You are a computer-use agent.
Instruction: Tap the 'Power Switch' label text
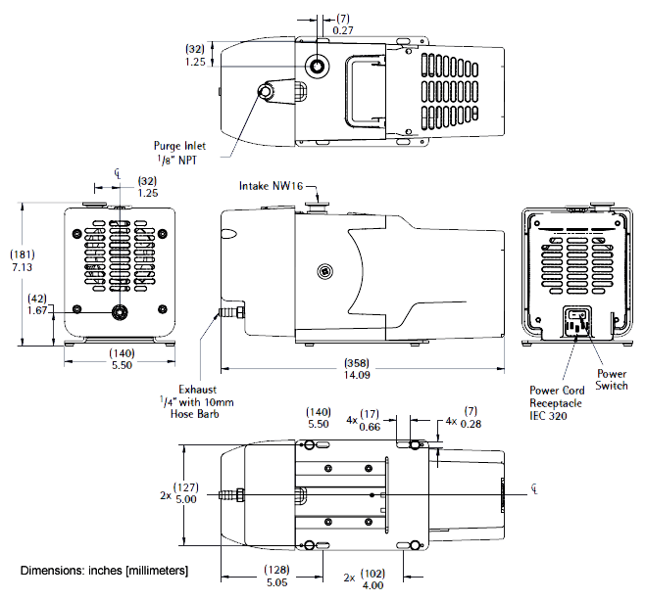[x=611, y=379]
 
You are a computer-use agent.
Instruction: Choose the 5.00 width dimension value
[x=186, y=498]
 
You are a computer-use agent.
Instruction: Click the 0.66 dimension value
[x=369, y=427]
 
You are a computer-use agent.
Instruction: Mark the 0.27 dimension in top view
[x=343, y=30]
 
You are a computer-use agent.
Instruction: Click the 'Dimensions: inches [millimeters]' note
[x=104, y=570]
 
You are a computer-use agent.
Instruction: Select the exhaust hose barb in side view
[x=230, y=311]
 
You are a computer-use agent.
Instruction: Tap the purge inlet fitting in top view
[x=266, y=92]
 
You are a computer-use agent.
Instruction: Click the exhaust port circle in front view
[x=119, y=311]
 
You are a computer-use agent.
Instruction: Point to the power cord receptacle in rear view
[x=575, y=320]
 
